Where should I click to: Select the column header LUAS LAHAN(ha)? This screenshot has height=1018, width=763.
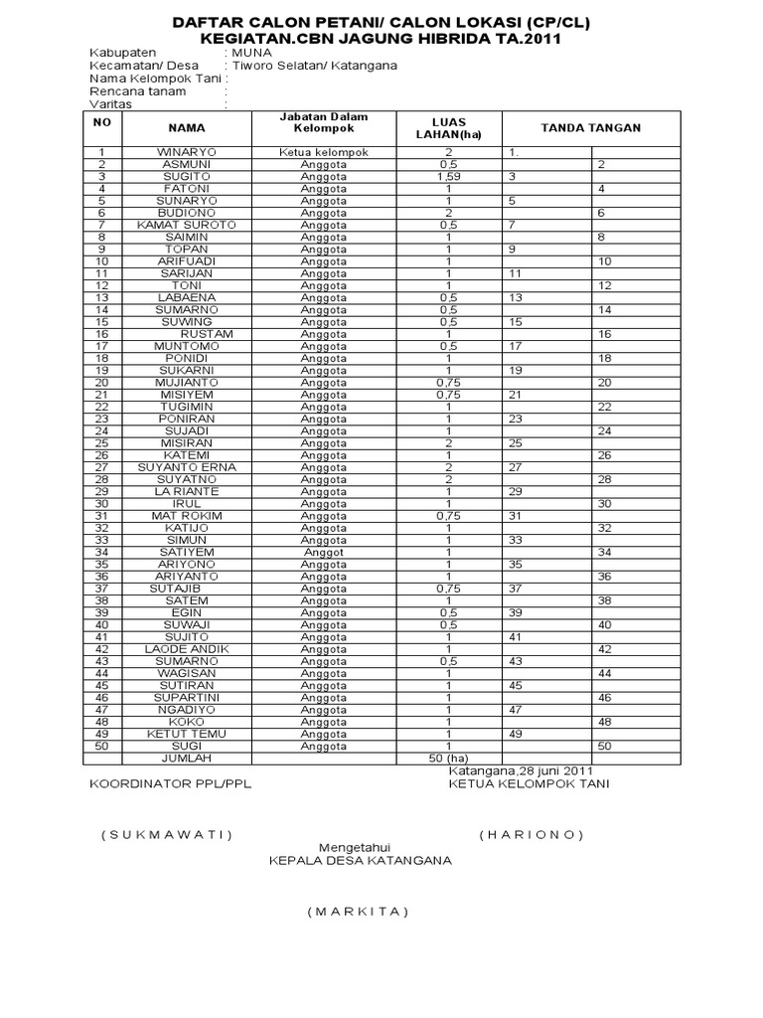point(449,127)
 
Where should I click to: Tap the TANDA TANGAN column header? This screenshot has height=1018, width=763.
point(590,127)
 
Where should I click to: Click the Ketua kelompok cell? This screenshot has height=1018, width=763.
point(324,152)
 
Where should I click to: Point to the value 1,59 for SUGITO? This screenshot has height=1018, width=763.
point(449,176)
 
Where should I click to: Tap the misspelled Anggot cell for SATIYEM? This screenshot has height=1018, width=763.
point(324,553)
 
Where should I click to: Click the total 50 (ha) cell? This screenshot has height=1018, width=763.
point(449,758)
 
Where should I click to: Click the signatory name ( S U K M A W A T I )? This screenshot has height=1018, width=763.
point(167,834)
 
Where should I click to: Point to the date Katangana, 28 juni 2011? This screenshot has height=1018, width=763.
point(521,770)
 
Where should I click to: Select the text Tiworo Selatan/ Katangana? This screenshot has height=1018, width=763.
point(314,66)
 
